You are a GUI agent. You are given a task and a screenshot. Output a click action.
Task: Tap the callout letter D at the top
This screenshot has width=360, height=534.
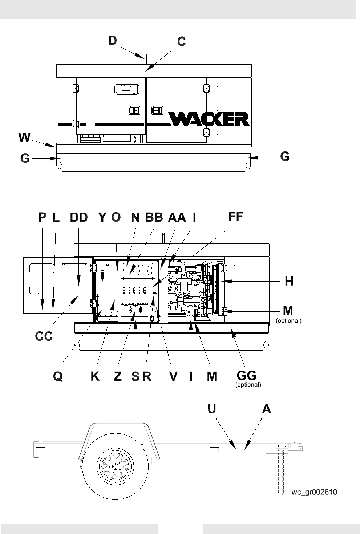pos(113,41)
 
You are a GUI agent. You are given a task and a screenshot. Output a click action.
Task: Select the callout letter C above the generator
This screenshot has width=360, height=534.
pos(181,41)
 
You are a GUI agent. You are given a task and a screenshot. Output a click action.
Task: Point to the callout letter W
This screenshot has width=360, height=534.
pos(25,137)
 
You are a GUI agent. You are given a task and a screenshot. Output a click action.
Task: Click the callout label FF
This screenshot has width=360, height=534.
pos(235,217)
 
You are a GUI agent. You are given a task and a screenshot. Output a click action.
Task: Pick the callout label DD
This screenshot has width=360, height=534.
pos(79,217)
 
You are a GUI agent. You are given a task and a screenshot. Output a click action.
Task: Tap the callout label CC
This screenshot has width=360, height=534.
pos(44,336)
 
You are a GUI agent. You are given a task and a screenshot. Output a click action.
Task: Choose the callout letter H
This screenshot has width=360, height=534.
pos(289,281)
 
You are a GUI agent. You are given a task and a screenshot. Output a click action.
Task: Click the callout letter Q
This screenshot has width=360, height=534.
pos(58,377)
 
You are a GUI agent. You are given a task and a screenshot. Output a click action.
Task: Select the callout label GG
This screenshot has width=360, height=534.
pos(247,376)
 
